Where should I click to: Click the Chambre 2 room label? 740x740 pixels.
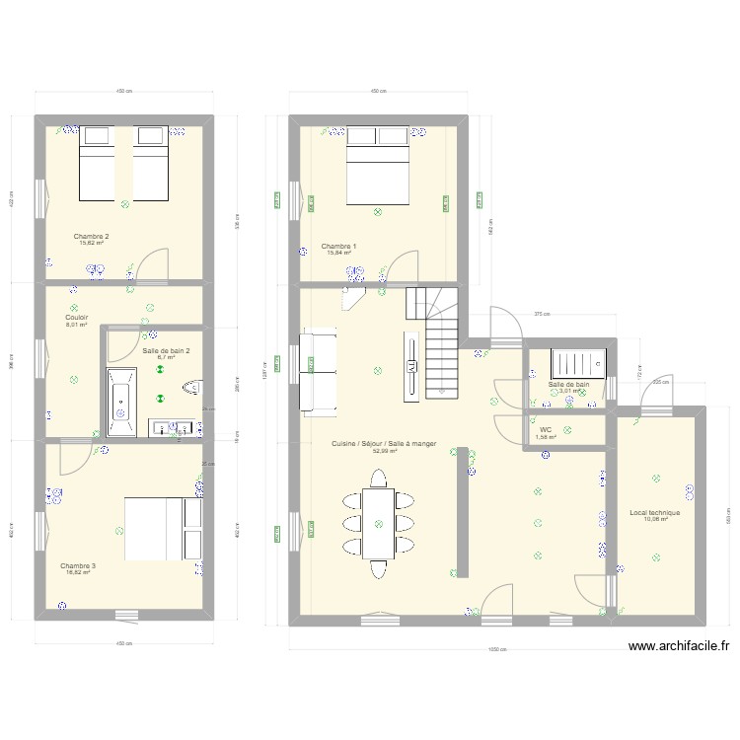[x=91, y=236]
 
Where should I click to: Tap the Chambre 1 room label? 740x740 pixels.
[x=338, y=246]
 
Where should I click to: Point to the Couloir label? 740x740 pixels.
[x=77, y=317]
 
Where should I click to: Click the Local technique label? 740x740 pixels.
[x=654, y=512]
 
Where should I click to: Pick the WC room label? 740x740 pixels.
[x=545, y=430]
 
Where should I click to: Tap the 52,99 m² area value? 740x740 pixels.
[x=384, y=451]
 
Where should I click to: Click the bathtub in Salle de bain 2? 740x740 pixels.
[x=123, y=402]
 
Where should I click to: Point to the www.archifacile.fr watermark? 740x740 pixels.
[x=678, y=647]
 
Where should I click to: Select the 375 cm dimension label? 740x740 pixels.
[x=541, y=315]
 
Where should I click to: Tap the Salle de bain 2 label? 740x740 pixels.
[x=167, y=350]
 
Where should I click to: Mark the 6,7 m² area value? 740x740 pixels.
[x=166, y=357]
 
